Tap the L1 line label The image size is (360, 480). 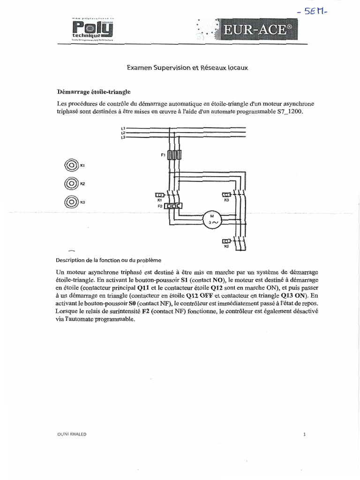[123, 128]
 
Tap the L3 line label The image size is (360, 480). [123, 137]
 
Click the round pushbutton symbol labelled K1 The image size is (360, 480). [71, 165]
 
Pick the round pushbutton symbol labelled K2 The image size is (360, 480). [71, 183]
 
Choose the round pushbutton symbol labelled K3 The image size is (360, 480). [71, 202]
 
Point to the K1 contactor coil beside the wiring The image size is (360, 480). [159, 195]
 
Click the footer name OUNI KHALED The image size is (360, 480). [71, 434]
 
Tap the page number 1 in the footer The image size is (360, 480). [304, 434]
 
